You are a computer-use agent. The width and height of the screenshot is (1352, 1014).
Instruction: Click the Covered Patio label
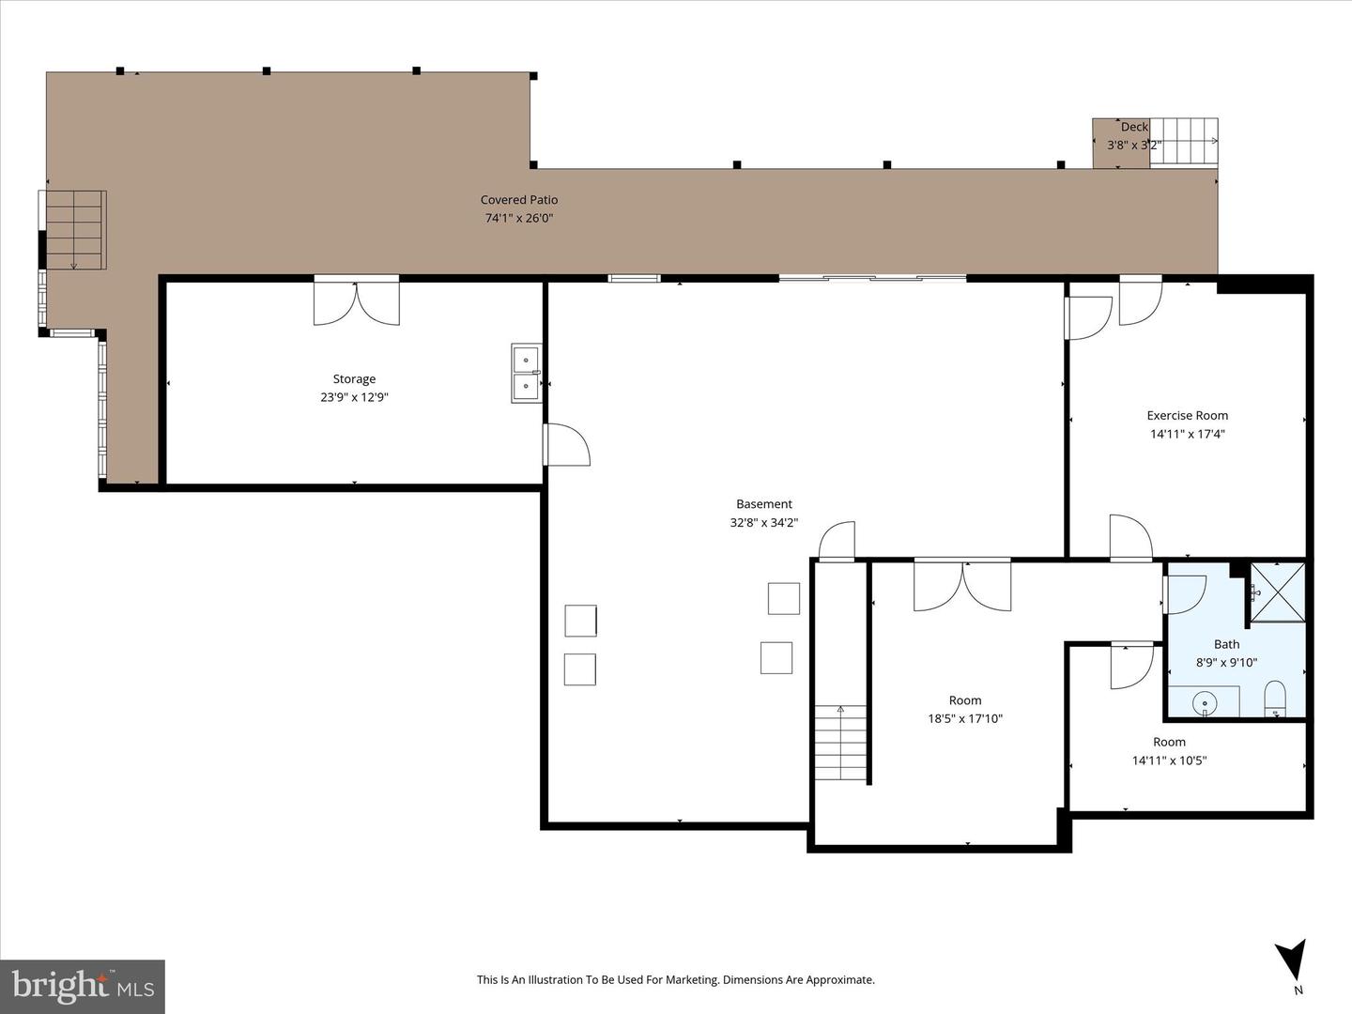tap(518, 199)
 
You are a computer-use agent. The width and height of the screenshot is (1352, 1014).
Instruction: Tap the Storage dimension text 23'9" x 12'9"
tap(354, 397)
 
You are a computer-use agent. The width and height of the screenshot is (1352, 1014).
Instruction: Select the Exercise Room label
tap(1187, 415)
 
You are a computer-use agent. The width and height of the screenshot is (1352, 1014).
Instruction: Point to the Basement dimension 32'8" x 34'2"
tap(763, 523)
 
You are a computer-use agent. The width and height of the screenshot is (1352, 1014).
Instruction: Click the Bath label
tap(1226, 644)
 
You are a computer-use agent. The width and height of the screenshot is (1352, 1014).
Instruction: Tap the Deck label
tap(1134, 127)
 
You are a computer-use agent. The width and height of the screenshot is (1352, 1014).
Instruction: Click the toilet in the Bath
tap(1274, 699)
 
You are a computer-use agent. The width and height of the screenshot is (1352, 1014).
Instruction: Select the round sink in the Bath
tap(1205, 701)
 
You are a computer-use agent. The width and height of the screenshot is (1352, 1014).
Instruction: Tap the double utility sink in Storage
tap(526, 373)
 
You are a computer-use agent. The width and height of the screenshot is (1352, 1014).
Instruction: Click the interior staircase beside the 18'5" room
tap(840, 743)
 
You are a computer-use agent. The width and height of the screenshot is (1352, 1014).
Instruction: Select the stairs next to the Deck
tap(1184, 141)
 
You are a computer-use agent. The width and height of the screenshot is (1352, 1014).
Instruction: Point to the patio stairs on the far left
tap(73, 229)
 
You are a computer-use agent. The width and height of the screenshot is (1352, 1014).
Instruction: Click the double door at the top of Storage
tap(356, 301)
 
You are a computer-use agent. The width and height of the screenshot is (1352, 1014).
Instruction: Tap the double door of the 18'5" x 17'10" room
tap(962, 585)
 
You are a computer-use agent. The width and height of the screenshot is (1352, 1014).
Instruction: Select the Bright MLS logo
tap(83, 986)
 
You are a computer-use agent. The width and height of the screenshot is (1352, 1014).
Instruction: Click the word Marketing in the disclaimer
tap(686, 979)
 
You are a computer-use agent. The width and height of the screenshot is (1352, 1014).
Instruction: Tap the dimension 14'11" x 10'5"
tap(1169, 760)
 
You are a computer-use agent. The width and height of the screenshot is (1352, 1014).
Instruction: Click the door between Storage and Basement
tap(566, 445)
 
